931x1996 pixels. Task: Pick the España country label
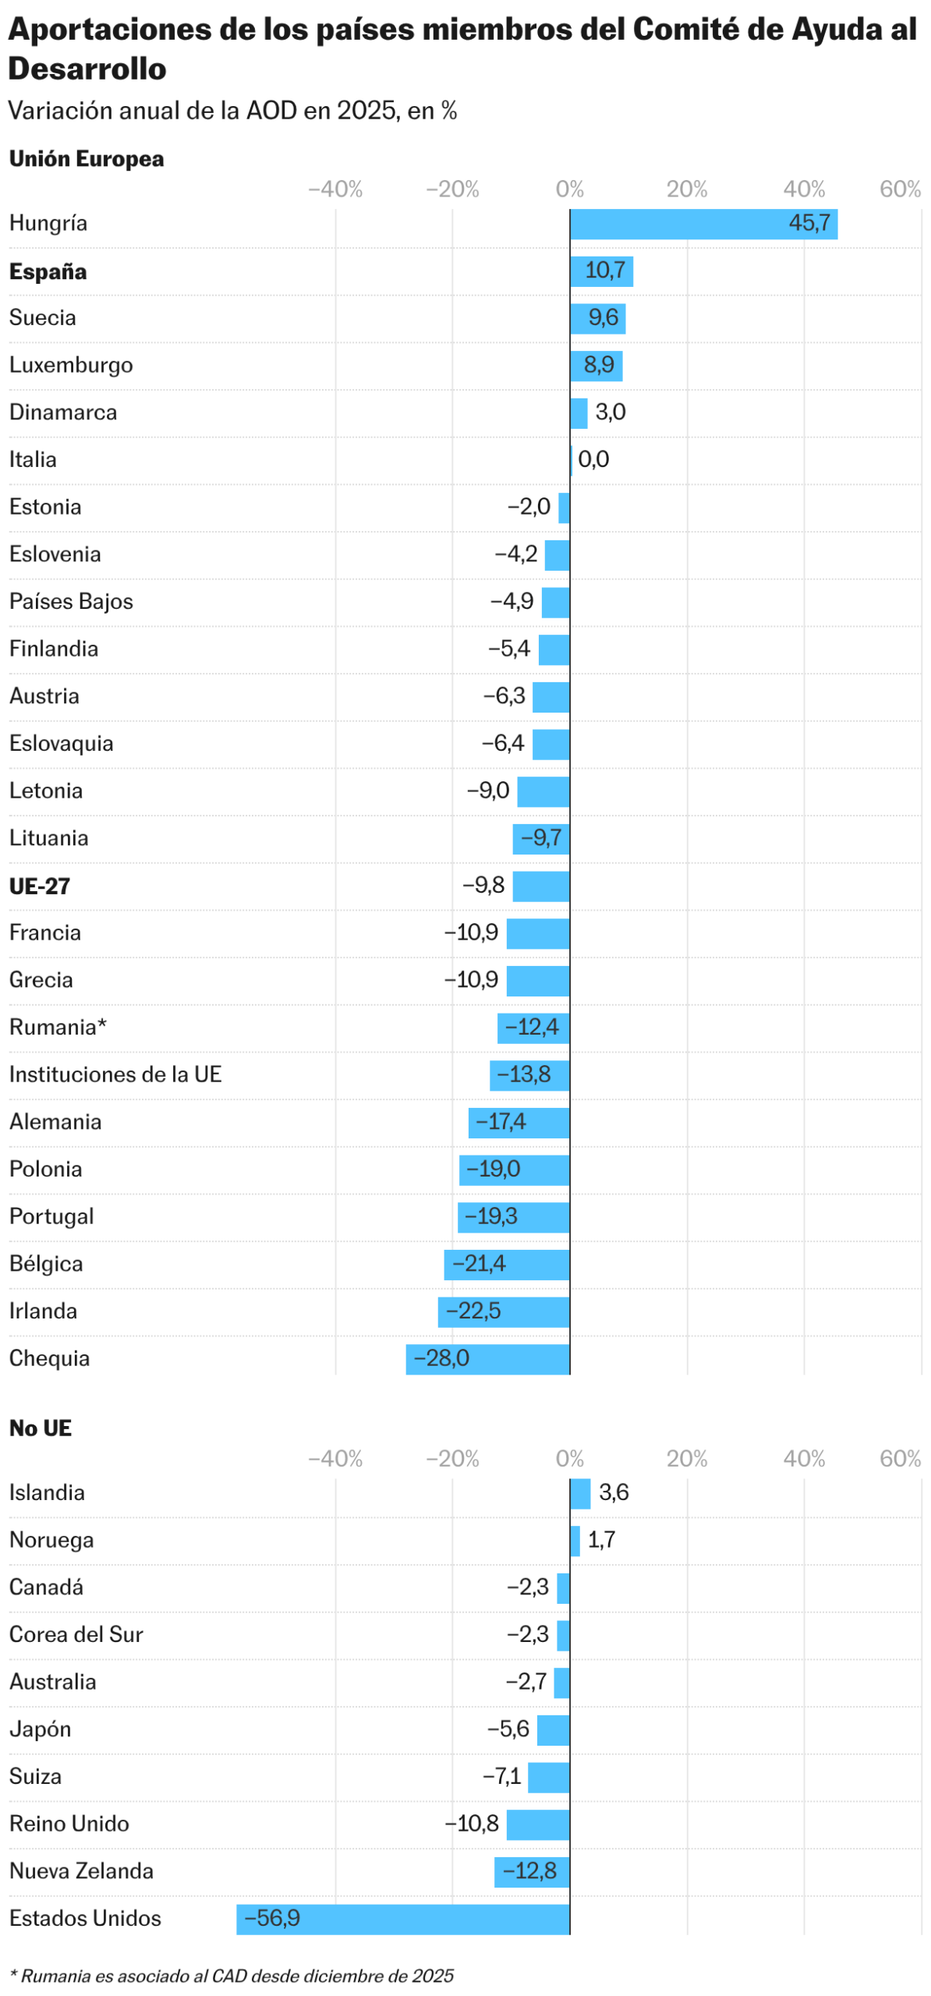pyautogui.click(x=48, y=271)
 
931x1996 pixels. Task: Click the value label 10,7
pyautogui.click(x=604, y=271)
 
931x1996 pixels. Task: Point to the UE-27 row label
pyautogui.click(x=40, y=886)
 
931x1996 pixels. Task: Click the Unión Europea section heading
pyautogui.click(x=87, y=159)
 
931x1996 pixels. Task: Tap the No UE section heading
pyautogui.click(x=41, y=1428)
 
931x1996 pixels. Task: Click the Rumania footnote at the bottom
pyautogui.click(x=232, y=1976)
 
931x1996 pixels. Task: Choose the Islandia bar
pyautogui.click(x=579, y=1493)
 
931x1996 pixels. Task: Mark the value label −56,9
pyautogui.click(x=272, y=1918)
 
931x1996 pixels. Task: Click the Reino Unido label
pyautogui.click(x=69, y=1824)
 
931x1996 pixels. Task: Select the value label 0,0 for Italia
pyautogui.click(x=593, y=459)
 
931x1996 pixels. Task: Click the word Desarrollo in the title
pyautogui.click(x=87, y=69)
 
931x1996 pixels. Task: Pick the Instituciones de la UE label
pyautogui.click(x=115, y=1074)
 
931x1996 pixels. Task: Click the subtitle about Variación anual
pyautogui.click(x=232, y=111)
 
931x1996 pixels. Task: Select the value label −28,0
pyautogui.click(x=441, y=1359)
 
